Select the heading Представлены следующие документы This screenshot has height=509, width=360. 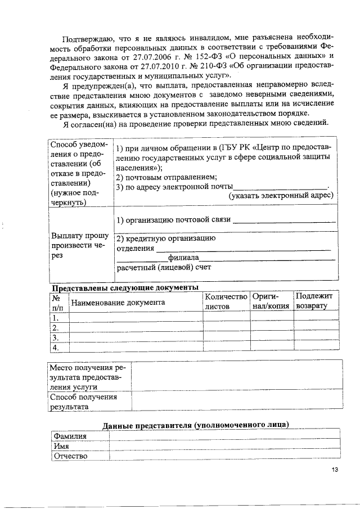click(x=124, y=287)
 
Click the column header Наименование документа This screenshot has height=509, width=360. click(x=117, y=302)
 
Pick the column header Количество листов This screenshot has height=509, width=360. click(x=226, y=301)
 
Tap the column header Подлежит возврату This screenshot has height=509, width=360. click(x=314, y=301)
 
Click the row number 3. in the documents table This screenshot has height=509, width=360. click(x=56, y=337)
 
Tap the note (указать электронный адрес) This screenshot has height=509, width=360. click(x=280, y=196)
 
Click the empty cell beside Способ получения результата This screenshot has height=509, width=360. click(x=236, y=402)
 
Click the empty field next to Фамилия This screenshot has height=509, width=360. click(x=225, y=436)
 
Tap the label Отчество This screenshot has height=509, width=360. click(x=70, y=456)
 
